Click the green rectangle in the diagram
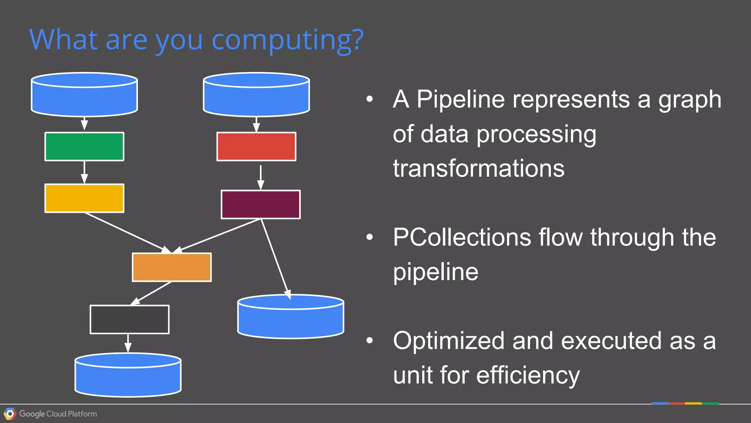(x=84, y=147)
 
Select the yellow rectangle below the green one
(x=84, y=198)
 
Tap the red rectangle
(x=256, y=147)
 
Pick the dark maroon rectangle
(x=261, y=205)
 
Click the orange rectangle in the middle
(x=172, y=267)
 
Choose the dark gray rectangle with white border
(x=129, y=319)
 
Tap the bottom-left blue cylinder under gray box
(x=128, y=377)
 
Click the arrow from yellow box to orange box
(x=127, y=232)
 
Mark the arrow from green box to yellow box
(x=84, y=172)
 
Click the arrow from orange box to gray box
(x=151, y=293)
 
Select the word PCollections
(x=462, y=237)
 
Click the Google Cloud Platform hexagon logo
(x=10, y=414)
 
